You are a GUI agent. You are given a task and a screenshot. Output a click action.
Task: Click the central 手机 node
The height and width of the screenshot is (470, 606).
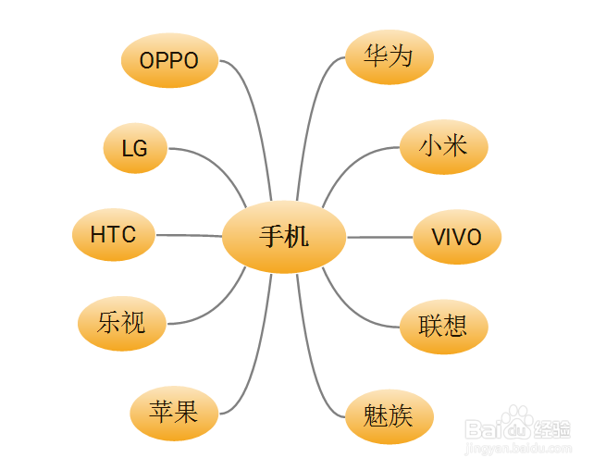coord(284,237)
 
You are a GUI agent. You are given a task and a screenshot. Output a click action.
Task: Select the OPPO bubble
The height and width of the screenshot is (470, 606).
coord(169,61)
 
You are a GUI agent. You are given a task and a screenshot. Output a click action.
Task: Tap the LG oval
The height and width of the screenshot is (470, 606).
coord(135,148)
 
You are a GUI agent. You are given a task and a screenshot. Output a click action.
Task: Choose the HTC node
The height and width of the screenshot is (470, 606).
coord(113,235)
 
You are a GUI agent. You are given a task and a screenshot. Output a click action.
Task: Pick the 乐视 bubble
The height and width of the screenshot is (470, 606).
coord(121,324)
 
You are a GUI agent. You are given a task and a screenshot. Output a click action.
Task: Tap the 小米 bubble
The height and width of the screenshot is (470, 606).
coord(443,146)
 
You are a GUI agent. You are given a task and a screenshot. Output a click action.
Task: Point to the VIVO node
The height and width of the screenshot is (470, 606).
coord(456,237)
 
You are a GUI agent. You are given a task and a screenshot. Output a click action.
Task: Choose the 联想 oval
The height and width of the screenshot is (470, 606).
coord(443,326)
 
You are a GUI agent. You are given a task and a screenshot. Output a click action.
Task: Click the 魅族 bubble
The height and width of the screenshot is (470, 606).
coord(389,415)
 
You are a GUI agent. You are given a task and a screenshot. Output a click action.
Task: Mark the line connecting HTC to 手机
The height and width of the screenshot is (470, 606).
coord(190,235)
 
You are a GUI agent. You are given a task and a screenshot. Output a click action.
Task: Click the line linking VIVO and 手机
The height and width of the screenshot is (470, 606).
coord(379,237)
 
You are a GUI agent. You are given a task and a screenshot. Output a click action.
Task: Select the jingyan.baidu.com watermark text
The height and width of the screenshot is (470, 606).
coord(517,449)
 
